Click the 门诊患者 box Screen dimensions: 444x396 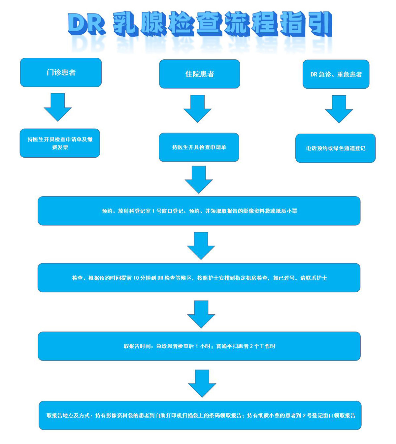click(x=61, y=73)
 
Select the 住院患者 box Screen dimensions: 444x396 click(x=200, y=74)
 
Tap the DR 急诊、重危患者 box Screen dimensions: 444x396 click(x=336, y=75)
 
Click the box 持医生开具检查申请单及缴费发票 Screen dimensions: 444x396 click(x=60, y=143)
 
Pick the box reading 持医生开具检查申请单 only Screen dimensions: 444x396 click(x=199, y=147)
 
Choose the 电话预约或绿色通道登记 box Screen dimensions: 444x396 click(x=336, y=148)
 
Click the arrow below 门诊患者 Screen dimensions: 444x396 click(x=58, y=107)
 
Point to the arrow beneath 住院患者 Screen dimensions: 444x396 click(x=198, y=109)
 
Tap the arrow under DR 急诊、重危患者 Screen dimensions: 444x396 click(x=339, y=109)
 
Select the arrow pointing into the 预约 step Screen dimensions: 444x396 click(x=199, y=179)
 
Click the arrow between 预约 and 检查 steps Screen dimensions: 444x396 click(x=201, y=245)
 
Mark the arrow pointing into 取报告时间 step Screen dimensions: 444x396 click(x=201, y=314)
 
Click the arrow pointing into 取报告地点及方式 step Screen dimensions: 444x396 click(x=202, y=383)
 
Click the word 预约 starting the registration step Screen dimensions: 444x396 click(x=107, y=211)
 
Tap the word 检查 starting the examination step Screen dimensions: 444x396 click(x=78, y=278)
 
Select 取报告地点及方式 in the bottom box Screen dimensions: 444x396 click(x=68, y=416)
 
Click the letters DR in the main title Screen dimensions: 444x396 click(x=86, y=24)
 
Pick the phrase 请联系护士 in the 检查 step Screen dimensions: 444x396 click(x=313, y=278)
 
